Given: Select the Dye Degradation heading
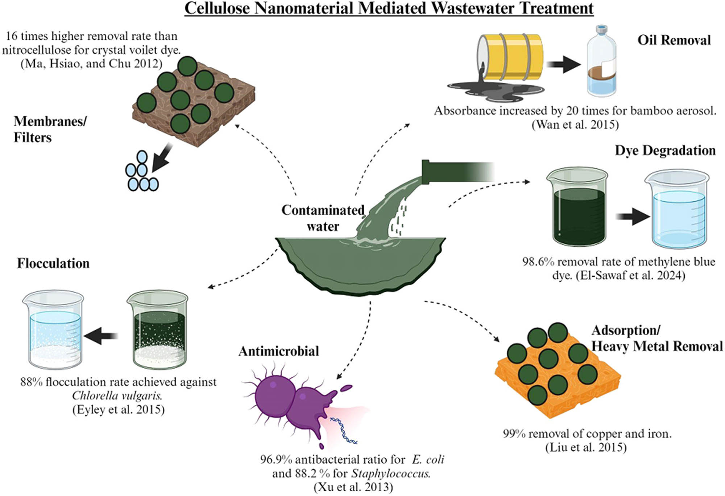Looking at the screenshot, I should pos(665,150).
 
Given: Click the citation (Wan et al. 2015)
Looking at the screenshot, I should pos(575,124).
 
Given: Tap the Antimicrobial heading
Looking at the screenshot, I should pos(278,351).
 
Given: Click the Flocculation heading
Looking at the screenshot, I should pos(53,263).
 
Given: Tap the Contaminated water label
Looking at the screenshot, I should pos(323,218).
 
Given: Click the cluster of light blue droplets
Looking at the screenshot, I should pos(141,172).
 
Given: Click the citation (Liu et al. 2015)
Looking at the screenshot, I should pos(586,447).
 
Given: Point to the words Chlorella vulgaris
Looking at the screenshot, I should pos(117,395).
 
